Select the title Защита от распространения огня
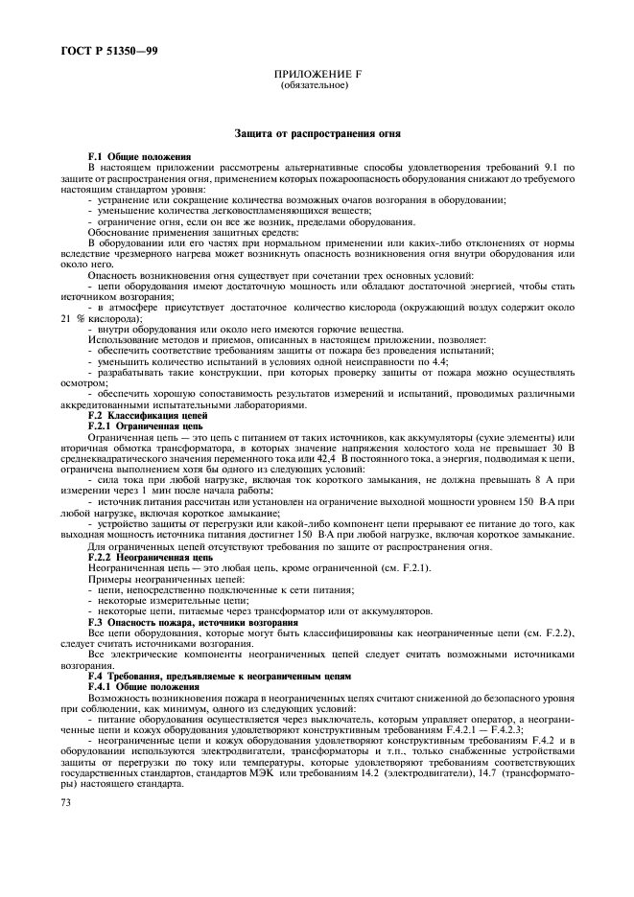pos(317,132)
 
